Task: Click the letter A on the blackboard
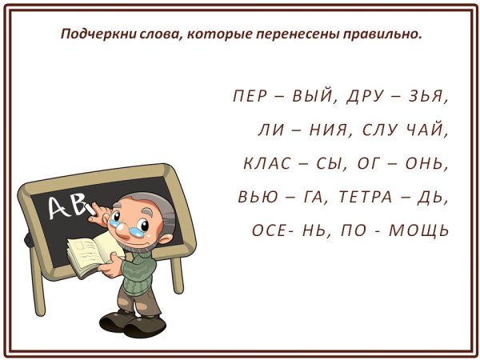(61, 207)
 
